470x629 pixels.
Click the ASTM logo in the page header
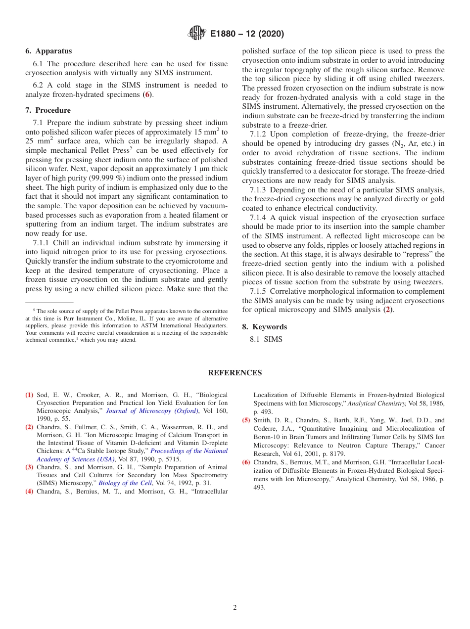click(197, 34)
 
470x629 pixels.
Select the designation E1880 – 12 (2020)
click(247, 34)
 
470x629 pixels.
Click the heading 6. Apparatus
click(48, 51)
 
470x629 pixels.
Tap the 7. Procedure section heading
click(48, 110)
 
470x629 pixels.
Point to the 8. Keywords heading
click(264, 327)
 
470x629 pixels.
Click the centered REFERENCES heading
click(235, 373)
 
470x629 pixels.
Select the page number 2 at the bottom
click(235, 608)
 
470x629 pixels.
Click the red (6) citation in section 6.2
click(147, 94)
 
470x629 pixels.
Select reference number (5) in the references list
click(246, 420)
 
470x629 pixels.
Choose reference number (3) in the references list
click(29, 467)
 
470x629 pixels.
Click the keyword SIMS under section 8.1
click(273, 339)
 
